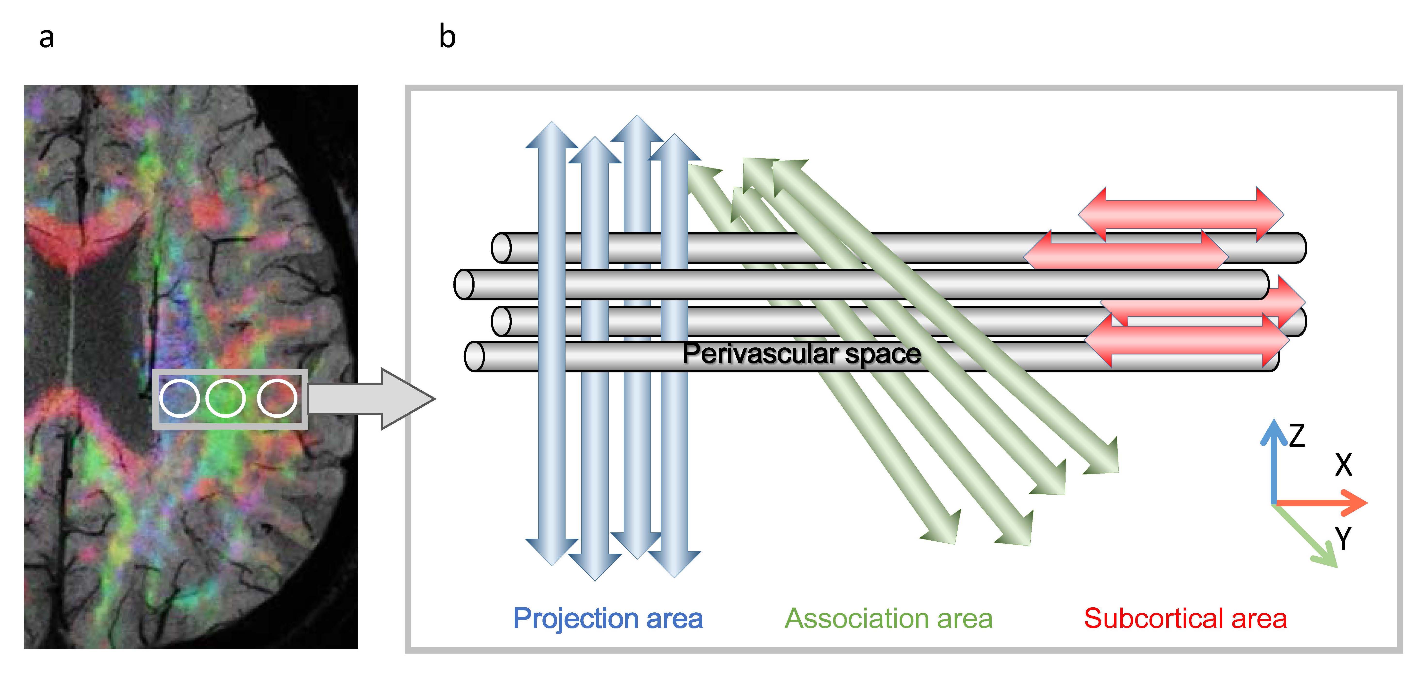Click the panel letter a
coord(47,38)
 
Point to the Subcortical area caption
coord(1185,618)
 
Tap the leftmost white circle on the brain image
coord(179,398)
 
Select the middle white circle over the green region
coord(225,398)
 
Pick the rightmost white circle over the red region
coord(277,398)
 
